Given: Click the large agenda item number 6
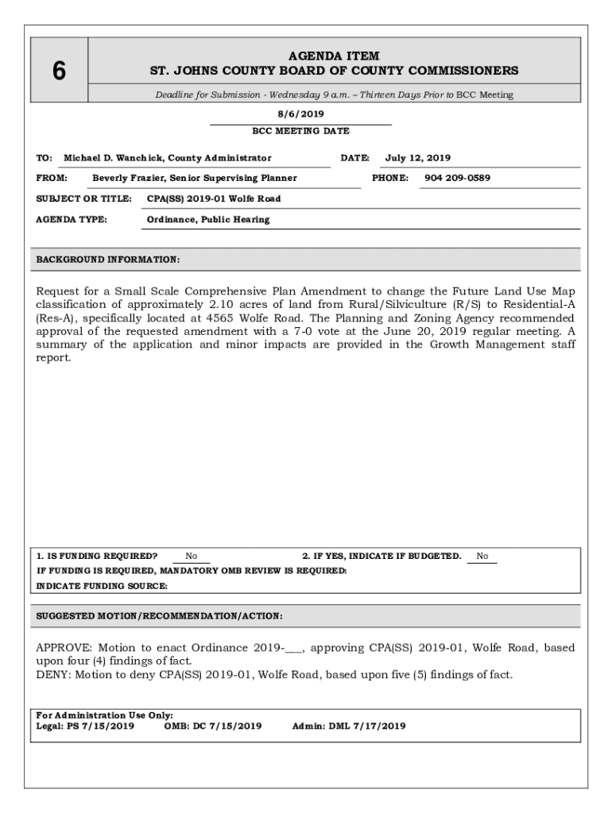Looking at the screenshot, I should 59,71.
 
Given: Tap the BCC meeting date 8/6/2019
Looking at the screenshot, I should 300,114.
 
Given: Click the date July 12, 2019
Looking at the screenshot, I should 418,158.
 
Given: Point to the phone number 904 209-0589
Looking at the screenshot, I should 457,178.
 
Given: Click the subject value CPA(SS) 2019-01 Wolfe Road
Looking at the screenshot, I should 214,198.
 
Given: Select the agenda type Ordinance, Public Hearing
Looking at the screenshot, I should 208,219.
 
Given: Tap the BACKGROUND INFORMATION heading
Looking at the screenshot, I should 108,260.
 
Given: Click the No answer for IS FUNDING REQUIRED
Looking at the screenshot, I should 192,557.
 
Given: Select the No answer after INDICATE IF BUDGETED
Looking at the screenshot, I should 482,557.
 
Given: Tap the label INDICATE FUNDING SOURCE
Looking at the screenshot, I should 103,586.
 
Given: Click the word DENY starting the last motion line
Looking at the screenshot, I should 53,675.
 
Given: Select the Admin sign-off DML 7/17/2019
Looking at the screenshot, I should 366,726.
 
